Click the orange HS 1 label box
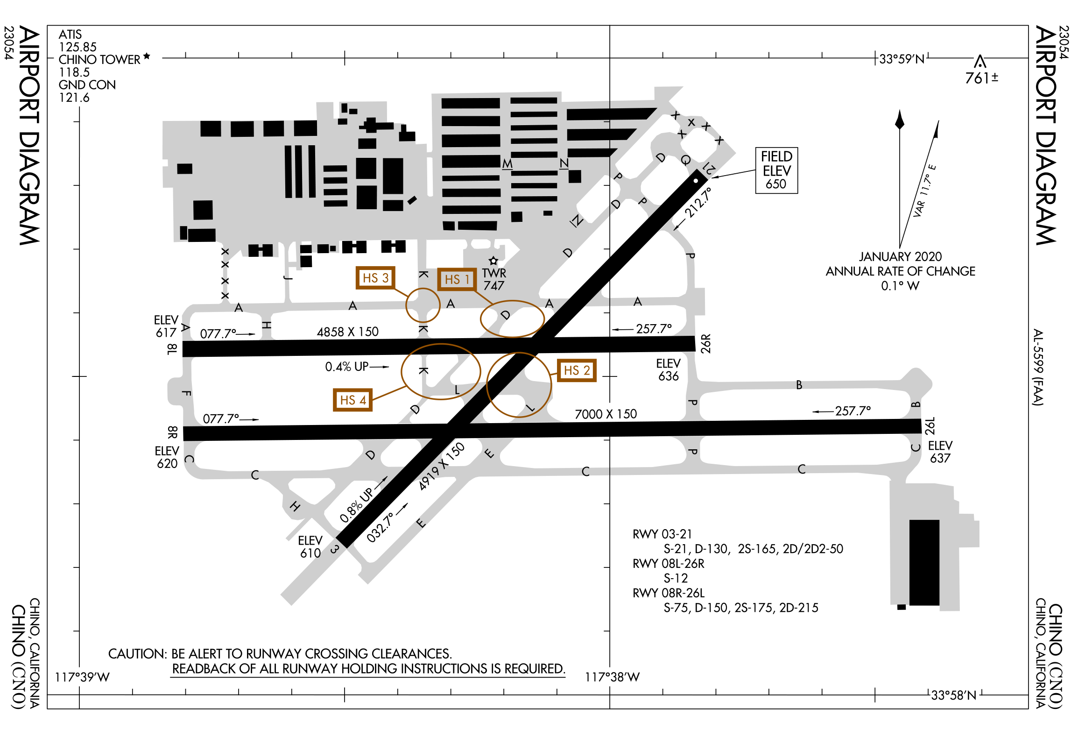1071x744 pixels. pos(457,279)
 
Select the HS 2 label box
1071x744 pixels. pos(577,371)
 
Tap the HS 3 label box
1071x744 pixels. pos(375,278)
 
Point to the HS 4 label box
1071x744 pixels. pos(352,400)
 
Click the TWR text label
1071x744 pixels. pos(494,273)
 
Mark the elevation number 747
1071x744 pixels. pos(493,285)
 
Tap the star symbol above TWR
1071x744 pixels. pos(493,261)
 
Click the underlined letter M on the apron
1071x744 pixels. pos(507,164)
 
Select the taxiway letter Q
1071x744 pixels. pos(685,160)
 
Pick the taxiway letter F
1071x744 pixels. pos(186,393)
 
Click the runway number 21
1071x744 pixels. pos(709,168)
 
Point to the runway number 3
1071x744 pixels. pos(335,549)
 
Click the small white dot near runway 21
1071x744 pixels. pos(696,181)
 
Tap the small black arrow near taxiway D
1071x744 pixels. pos(384,480)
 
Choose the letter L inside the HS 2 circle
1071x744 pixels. pos(530,408)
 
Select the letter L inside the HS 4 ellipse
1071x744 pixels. pos(457,389)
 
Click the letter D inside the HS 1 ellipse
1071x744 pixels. pos(506,315)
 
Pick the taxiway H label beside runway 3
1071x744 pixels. pos(295,506)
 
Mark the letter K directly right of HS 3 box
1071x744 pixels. pos(423,274)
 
